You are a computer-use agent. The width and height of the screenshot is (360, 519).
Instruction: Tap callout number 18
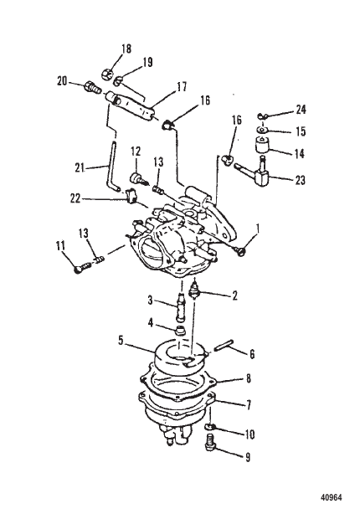pos(126,49)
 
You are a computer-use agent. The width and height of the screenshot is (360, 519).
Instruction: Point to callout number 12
pos(134,150)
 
